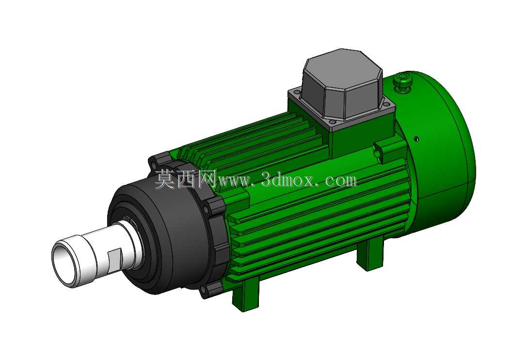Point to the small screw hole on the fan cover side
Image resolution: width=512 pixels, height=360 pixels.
(417, 139)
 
